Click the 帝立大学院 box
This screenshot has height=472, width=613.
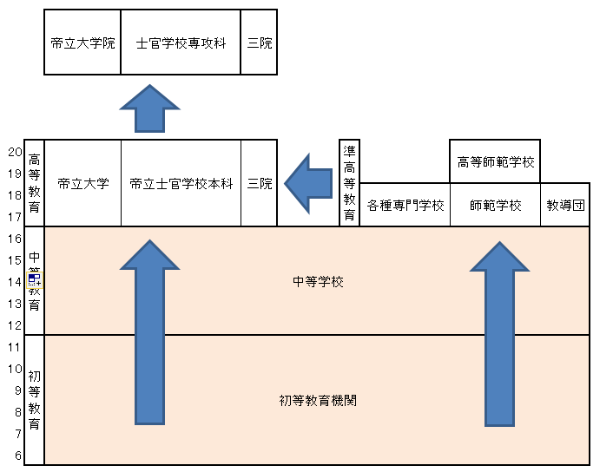point(82,43)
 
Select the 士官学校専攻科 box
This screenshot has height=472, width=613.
point(181,43)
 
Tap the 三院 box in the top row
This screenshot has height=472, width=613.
point(259,43)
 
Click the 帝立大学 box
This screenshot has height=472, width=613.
point(82,183)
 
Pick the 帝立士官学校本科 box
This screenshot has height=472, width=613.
point(181,183)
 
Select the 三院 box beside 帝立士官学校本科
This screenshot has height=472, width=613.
point(260,183)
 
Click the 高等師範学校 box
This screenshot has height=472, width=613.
point(495,161)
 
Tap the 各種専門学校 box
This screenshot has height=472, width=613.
point(405,205)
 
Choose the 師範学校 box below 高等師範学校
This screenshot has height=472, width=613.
point(495,205)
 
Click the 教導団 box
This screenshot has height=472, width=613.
point(565,205)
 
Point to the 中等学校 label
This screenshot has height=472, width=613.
point(318,281)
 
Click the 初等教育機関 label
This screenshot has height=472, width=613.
point(318,400)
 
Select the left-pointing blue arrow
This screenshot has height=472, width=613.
point(308,184)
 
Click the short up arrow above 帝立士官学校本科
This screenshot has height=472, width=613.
point(149,108)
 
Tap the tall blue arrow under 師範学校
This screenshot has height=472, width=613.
point(499,334)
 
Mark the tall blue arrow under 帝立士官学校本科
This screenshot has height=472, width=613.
point(149,332)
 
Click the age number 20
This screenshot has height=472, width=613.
point(15,152)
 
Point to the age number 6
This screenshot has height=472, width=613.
point(18,456)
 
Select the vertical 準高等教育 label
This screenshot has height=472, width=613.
point(349,183)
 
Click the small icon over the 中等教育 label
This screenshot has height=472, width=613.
point(35,279)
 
